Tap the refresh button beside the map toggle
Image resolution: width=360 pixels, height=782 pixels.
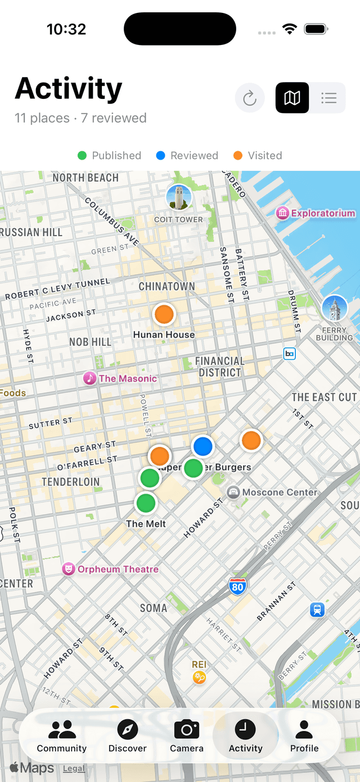point(250,98)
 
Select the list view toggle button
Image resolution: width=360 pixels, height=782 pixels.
point(328,98)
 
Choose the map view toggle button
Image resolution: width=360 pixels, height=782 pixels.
point(292,98)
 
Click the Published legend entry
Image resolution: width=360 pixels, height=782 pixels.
point(110,156)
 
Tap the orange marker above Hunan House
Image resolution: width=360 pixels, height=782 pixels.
point(164,314)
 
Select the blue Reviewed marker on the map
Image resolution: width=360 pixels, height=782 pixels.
point(202,446)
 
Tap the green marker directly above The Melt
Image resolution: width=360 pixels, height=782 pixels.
point(146,503)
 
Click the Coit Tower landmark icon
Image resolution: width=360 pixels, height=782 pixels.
point(179,198)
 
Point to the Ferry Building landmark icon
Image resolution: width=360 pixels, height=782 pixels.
point(334,308)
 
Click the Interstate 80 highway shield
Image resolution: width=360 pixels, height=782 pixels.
point(237,587)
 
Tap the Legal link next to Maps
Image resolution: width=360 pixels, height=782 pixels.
point(74,768)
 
